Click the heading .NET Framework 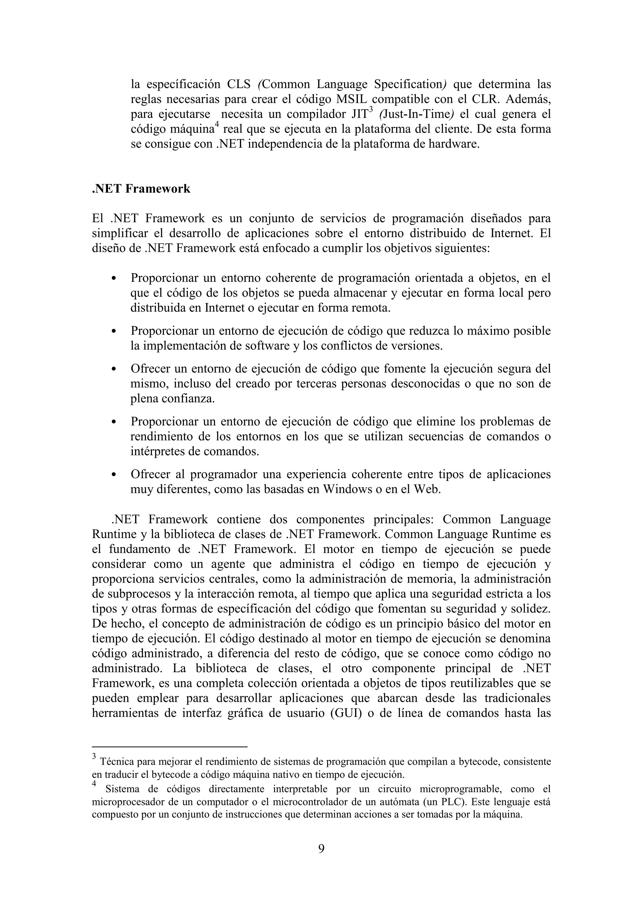click(x=141, y=189)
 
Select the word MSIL click(x=352, y=100)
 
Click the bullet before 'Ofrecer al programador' click(x=114, y=475)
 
